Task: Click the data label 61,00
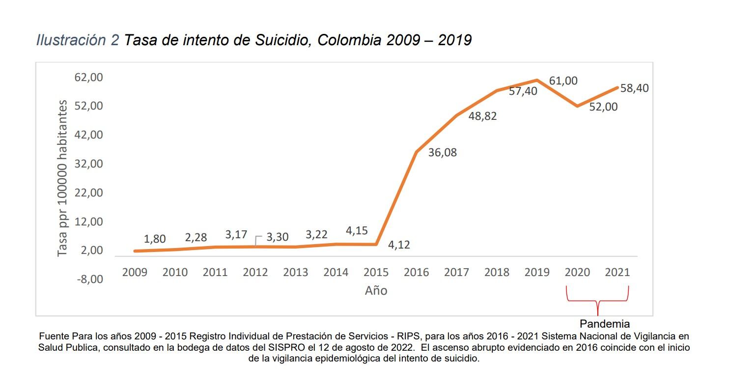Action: pos(563,81)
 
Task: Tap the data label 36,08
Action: pos(442,152)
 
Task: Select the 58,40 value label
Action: pos(634,88)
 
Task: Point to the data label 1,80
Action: pos(154,239)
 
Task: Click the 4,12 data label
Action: pos(398,244)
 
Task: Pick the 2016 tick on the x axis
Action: pos(416,272)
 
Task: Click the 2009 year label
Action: pos(134,272)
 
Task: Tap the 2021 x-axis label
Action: pos(617,272)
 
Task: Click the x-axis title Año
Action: pos(376,291)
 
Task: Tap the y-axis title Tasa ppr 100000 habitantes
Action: pos(62,178)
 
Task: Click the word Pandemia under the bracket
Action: pos(604,324)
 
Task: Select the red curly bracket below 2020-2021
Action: pos(597,300)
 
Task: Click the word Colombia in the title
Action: pos(349,40)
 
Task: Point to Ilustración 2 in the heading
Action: pos(78,40)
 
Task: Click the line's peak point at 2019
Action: pos(537,80)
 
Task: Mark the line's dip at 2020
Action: pos(577,106)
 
